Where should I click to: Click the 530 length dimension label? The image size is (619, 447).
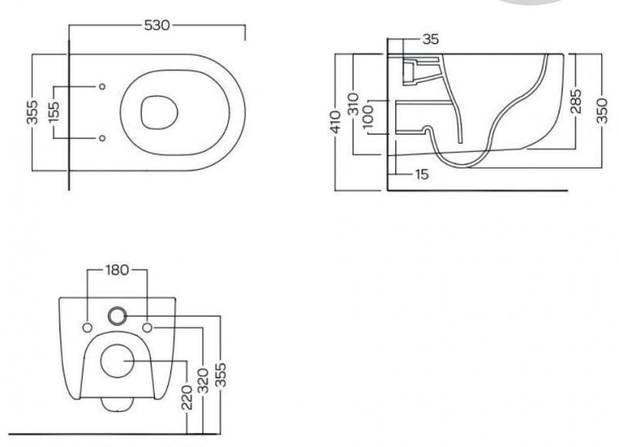pos(157,26)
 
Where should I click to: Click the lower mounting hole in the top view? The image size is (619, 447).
pos(103,138)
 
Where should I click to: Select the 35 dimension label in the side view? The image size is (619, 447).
pos(431,38)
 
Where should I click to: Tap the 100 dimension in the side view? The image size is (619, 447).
pos(368,117)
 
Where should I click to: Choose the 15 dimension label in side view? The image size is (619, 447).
pos(421,175)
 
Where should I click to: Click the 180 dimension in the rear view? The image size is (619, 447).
pos(118,271)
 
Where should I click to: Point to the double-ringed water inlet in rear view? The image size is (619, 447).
pos(118,314)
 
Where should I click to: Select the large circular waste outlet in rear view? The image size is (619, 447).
pos(118,360)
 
